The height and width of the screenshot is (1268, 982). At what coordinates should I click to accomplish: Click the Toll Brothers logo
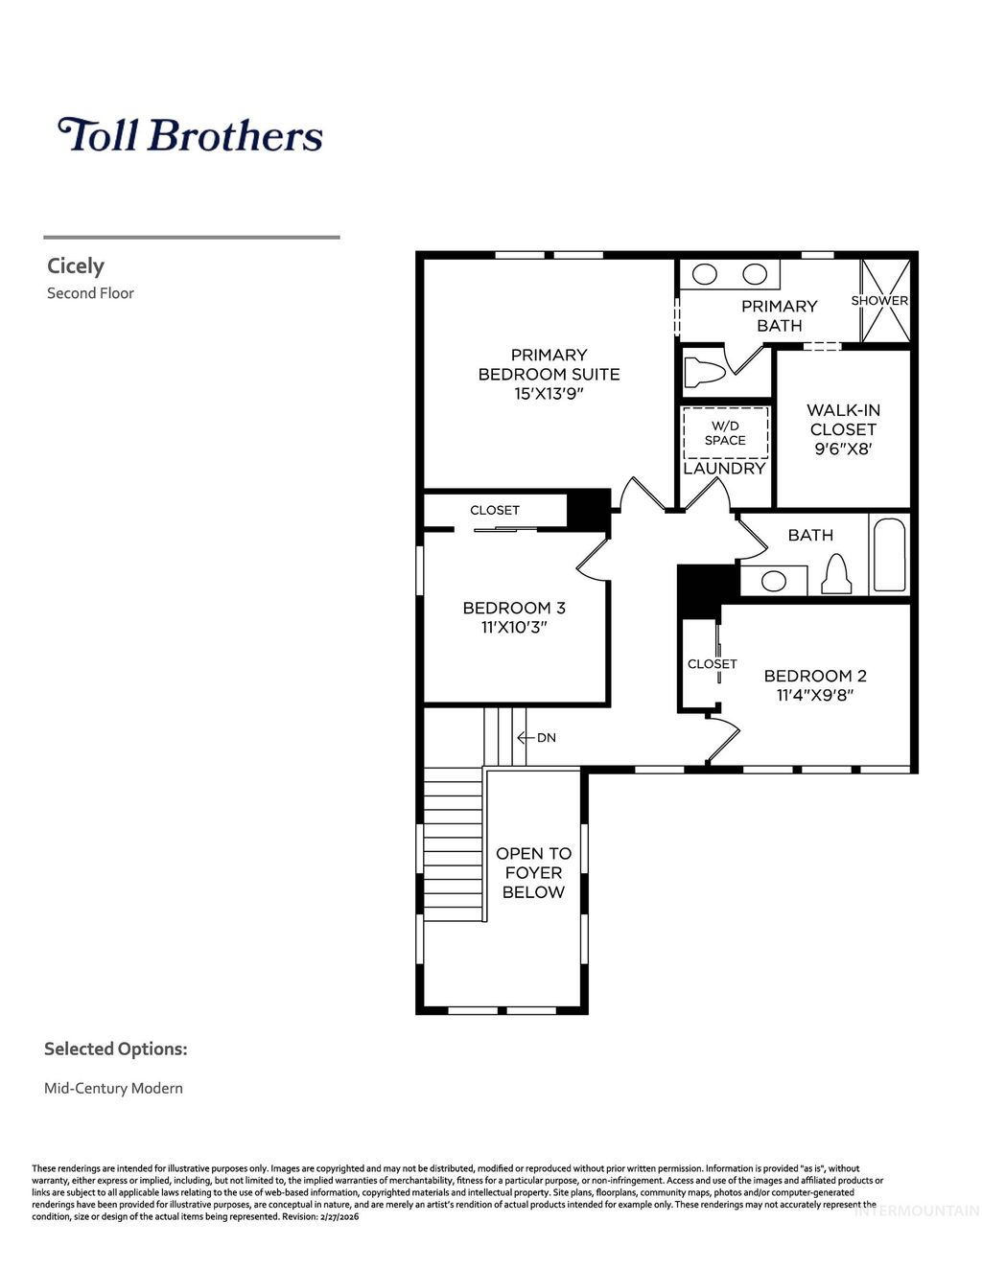point(190,135)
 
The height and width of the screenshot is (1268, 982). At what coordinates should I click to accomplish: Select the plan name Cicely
point(76,266)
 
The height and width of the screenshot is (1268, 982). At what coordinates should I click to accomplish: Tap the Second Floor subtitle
point(90,293)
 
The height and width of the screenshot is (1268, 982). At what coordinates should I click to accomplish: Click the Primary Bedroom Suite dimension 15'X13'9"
point(549,394)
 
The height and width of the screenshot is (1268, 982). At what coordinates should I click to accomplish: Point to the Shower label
point(879,300)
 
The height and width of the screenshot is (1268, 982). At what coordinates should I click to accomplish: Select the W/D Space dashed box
point(725,432)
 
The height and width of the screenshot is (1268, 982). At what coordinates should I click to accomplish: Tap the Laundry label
point(724,469)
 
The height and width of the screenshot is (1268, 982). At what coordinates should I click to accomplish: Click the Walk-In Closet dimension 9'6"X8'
point(843,449)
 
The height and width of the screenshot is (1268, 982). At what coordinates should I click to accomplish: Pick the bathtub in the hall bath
point(889,555)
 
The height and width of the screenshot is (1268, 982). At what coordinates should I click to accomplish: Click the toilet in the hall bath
point(837,573)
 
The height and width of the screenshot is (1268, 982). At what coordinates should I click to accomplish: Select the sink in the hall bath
point(773,580)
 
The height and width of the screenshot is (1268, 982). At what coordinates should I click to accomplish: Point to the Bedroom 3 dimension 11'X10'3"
point(514,628)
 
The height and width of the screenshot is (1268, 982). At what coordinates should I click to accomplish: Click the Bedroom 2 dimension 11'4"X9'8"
point(814,696)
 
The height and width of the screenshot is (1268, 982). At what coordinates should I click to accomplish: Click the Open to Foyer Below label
point(533,873)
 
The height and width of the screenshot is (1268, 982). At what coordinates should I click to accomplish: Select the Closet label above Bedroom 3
point(495,510)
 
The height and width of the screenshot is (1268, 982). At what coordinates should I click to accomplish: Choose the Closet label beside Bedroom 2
point(713,663)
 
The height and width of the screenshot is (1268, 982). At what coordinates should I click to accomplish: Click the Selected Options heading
point(115,1049)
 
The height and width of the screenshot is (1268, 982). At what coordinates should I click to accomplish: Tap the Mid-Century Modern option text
point(113,1088)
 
